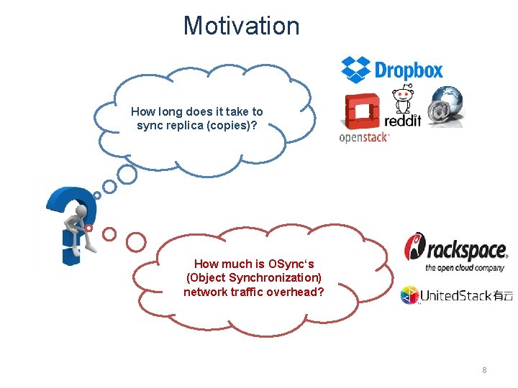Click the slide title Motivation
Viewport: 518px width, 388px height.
tap(241, 26)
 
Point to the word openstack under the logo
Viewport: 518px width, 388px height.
tap(364, 137)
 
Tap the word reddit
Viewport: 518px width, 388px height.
tap(403, 119)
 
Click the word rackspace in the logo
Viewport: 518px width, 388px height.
tap(468, 251)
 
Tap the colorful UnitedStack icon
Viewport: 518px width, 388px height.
tap(409, 295)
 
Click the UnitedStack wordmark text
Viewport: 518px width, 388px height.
tap(456, 295)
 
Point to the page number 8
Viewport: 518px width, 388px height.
tap(484, 370)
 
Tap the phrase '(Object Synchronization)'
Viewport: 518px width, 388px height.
tap(253, 277)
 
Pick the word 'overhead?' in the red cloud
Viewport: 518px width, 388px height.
tap(297, 291)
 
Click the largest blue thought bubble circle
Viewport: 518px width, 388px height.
tap(127, 175)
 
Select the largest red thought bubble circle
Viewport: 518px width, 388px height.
tap(136, 242)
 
